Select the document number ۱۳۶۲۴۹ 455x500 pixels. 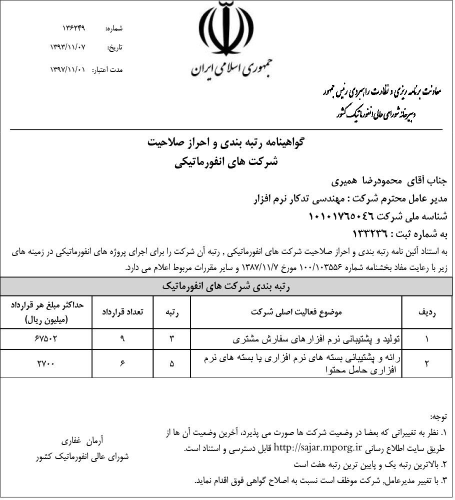coord(74,28)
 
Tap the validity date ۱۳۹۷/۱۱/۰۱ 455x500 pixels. coord(68,69)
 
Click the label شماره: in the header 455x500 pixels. coord(114,29)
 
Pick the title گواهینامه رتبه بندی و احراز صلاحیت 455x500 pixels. coord(227,143)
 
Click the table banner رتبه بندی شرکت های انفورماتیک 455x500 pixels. coord(227,286)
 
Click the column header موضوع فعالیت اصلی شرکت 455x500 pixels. coord(297,311)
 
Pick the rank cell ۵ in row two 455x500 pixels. coord(172,363)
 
